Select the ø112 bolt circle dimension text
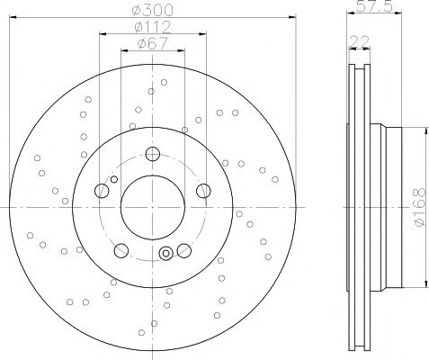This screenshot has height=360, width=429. click(152, 28)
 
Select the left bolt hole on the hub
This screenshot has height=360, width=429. click(101, 190)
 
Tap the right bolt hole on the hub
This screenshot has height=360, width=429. click(204, 190)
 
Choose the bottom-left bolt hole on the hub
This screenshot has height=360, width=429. click(121, 249)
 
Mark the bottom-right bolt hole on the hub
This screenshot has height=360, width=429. click(183, 249)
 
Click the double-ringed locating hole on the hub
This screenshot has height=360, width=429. click(165, 255)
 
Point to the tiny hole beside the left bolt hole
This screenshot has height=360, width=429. click(112, 180)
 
